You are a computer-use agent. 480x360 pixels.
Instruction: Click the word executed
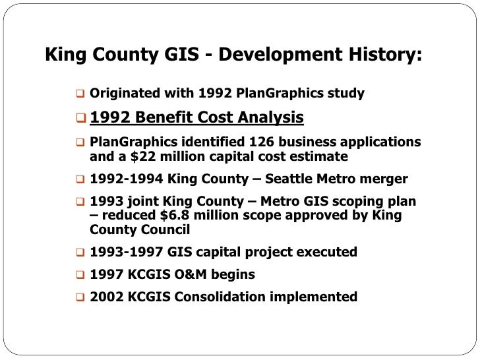pyautogui.click(x=328, y=252)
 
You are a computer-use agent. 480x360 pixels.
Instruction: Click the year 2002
pyautogui.click(x=105, y=297)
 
